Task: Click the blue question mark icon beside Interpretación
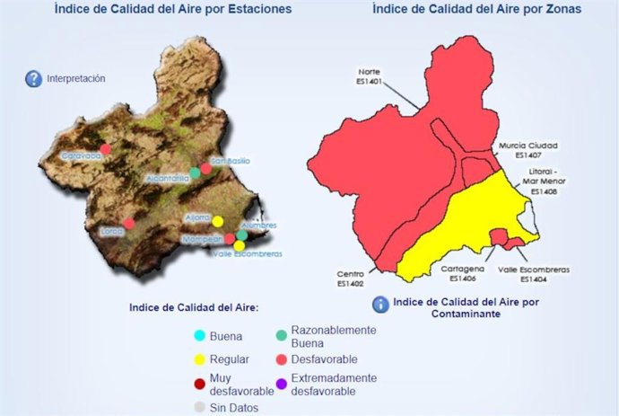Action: pyautogui.click(x=33, y=78)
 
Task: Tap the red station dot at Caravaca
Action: pyautogui.click(x=105, y=148)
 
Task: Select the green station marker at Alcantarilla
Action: pyautogui.click(x=194, y=172)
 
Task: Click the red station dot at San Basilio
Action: pyautogui.click(x=205, y=168)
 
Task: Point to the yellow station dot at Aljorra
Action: pyautogui.click(x=217, y=220)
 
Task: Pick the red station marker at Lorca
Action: pyautogui.click(x=128, y=223)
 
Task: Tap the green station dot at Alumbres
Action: pyautogui.click(x=241, y=235)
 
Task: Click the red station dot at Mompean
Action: pyautogui.click(x=230, y=239)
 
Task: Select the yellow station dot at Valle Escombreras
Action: pyautogui.click(x=240, y=244)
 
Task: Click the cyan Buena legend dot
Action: pyautogui.click(x=199, y=336)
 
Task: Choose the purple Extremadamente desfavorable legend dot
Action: pyautogui.click(x=283, y=385)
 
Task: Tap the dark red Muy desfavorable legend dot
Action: pyautogui.click(x=199, y=385)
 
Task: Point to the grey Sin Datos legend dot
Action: pyautogui.click(x=199, y=408)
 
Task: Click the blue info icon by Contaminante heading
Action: pyautogui.click(x=380, y=304)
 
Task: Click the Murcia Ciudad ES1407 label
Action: pyautogui.click(x=536, y=150)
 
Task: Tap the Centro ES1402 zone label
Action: pyautogui.click(x=350, y=279)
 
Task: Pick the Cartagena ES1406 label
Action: pyautogui.click(x=462, y=273)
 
